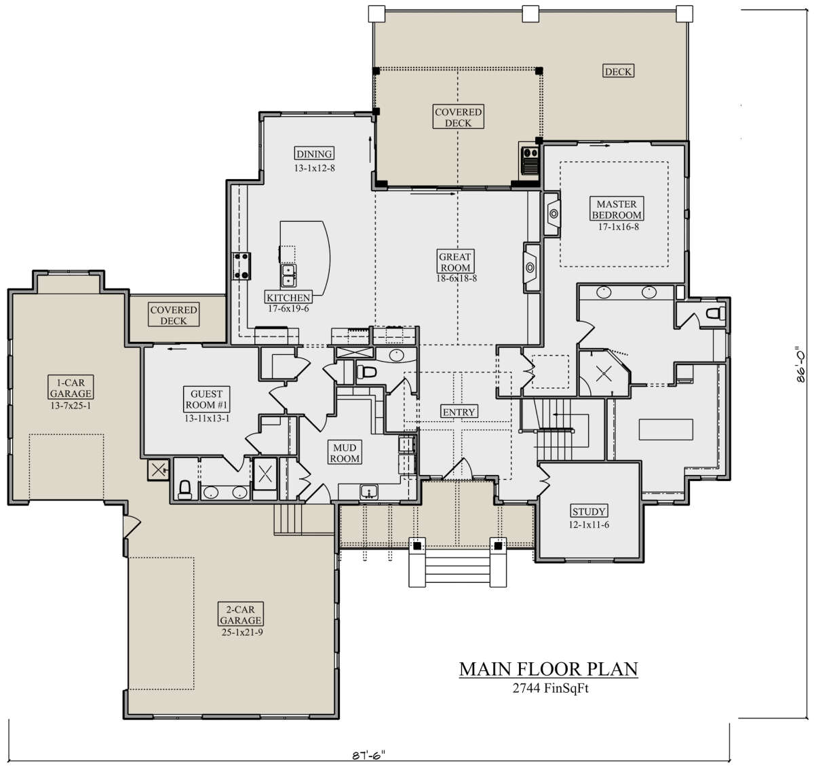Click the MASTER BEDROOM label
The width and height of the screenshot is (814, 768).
coord(617,209)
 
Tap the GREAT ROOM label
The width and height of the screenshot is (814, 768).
coord(455,262)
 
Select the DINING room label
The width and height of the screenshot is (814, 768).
coord(314,154)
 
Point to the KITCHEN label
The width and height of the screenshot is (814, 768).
coord(288,297)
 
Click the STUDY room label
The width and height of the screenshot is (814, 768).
coord(589,512)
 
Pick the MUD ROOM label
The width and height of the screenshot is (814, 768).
coord(345,453)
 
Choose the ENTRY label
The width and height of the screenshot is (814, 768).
coord(459,412)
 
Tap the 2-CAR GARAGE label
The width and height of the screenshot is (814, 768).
coord(240,615)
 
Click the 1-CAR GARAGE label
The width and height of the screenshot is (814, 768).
coord(71,387)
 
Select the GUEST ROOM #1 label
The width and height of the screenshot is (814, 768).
coord(206,399)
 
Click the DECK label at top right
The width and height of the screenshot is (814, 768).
coord(618,71)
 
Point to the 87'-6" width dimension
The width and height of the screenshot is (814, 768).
coord(368,755)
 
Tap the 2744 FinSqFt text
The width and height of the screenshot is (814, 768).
coord(550,688)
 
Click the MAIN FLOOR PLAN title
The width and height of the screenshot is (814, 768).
coord(548,669)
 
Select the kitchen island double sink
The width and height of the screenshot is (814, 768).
coord(288,275)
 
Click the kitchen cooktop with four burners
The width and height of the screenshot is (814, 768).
coord(241,266)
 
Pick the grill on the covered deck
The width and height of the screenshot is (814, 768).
coord(530,161)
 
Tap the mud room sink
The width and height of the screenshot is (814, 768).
coord(369,491)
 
